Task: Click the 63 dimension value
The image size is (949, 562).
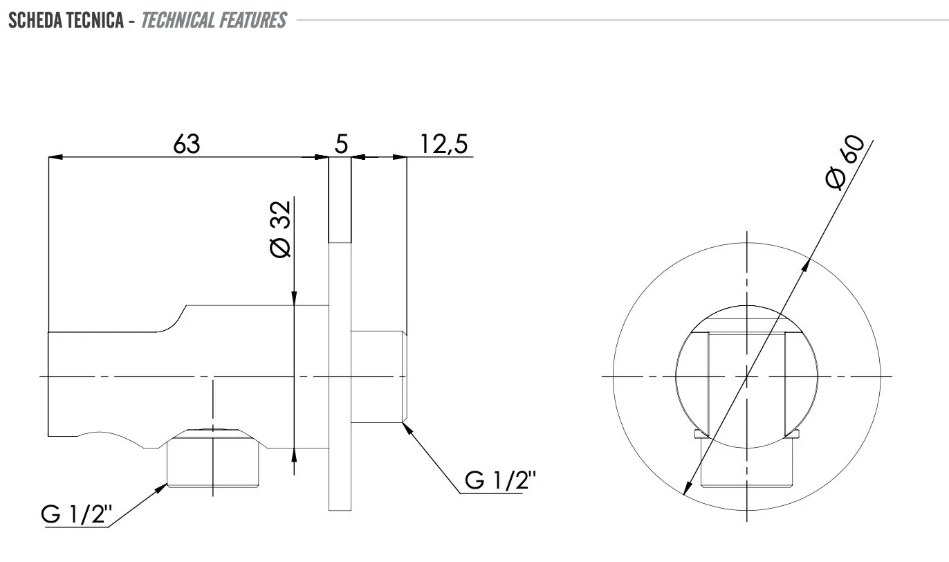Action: coord(187,144)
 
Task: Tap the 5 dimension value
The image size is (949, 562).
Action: coord(341,144)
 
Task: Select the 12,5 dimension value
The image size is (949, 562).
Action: coord(444,144)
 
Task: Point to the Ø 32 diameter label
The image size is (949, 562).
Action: coord(280,229)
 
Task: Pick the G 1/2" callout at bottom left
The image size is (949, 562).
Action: coord(77,514)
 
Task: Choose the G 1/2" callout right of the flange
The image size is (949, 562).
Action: coord(500,480)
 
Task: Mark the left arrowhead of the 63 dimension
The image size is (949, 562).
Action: coord(55,157)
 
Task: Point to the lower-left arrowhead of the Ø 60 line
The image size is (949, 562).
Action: coord(688,487)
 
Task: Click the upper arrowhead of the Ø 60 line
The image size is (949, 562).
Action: coord(806,265)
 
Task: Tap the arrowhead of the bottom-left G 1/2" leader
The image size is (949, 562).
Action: coord(161,488)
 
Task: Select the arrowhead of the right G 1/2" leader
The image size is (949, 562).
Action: coord(407,429)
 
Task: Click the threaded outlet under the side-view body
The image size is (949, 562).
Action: coord(213,460)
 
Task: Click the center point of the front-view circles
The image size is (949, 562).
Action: coord(746,377)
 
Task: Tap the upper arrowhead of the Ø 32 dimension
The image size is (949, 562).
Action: coord(294,298)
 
